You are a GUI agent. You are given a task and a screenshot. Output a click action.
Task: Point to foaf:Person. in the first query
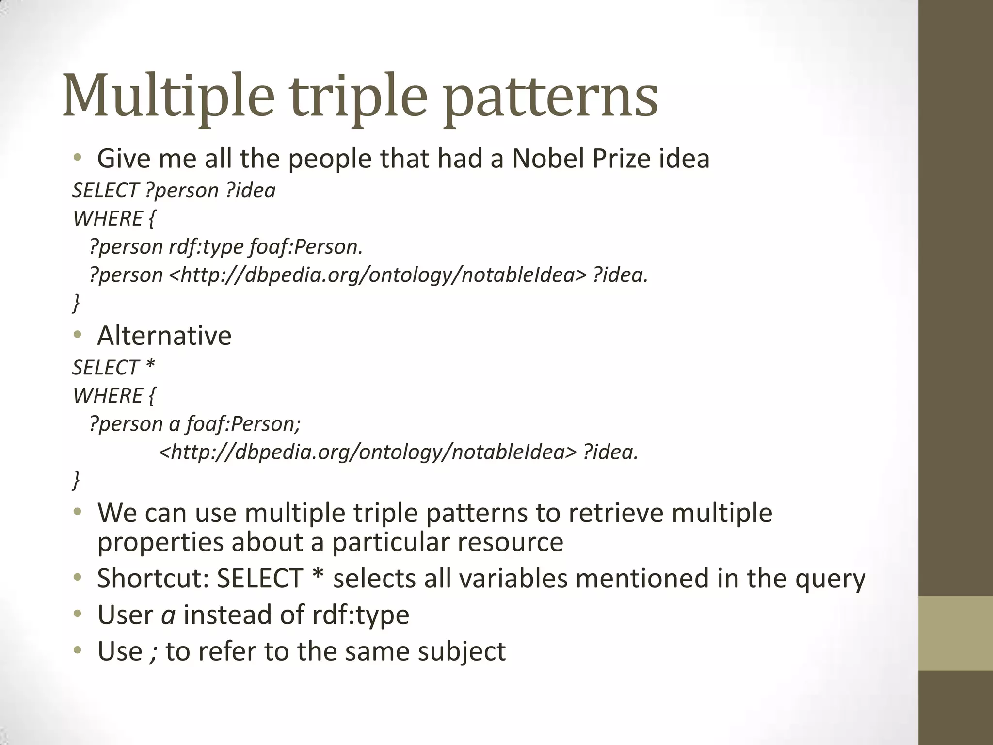click(x=306, y=247)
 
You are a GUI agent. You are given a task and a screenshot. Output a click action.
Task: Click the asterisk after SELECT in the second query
click(x=150, y=366)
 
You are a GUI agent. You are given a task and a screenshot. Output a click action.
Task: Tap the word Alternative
click(x=164, y=336)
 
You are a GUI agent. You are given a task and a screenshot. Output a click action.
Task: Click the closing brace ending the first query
click(x=76, y=303)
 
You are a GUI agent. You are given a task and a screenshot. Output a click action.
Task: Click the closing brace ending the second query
click(x=76, y=480)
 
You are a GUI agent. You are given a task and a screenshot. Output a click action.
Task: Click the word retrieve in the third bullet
click(x=615, y=513)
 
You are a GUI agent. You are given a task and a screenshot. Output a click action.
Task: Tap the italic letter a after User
click(x=168, y=615)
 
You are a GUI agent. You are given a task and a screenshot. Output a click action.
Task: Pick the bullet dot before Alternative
click(x=78, y=335)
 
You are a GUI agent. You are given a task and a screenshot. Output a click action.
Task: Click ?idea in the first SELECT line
click(x=251, y=191)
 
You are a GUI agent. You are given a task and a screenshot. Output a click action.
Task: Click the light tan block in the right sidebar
click(x=956, y=633)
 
